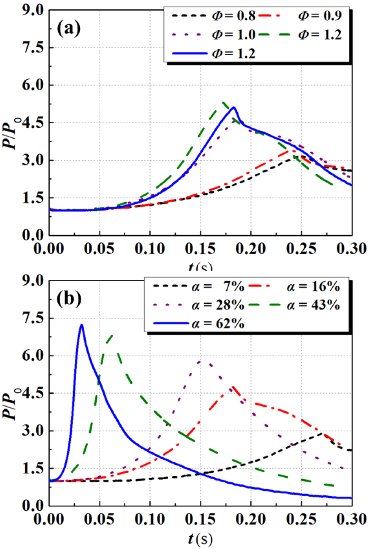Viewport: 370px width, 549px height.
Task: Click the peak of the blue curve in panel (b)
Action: [x=82, y=325]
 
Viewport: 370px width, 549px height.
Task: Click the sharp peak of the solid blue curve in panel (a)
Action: [x=234, y=108]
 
